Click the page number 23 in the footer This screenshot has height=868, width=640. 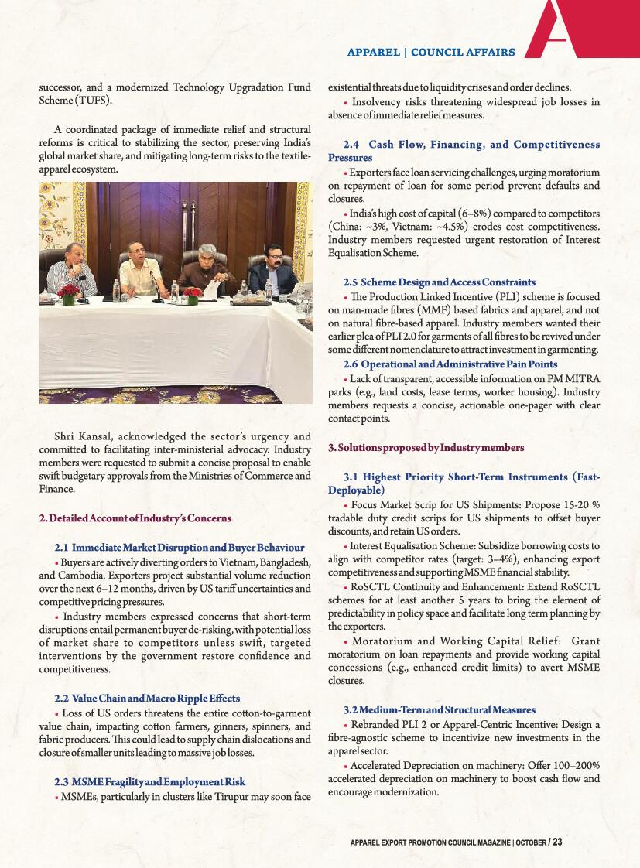(557, 842)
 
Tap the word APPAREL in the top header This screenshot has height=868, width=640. (373, 52)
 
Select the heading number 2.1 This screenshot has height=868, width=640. (63, 548)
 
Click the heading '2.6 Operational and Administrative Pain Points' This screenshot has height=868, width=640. (450, 364)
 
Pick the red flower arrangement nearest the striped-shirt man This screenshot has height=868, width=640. (70, 292)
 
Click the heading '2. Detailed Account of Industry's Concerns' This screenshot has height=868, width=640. (135, 518)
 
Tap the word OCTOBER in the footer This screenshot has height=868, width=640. (531, 842)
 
